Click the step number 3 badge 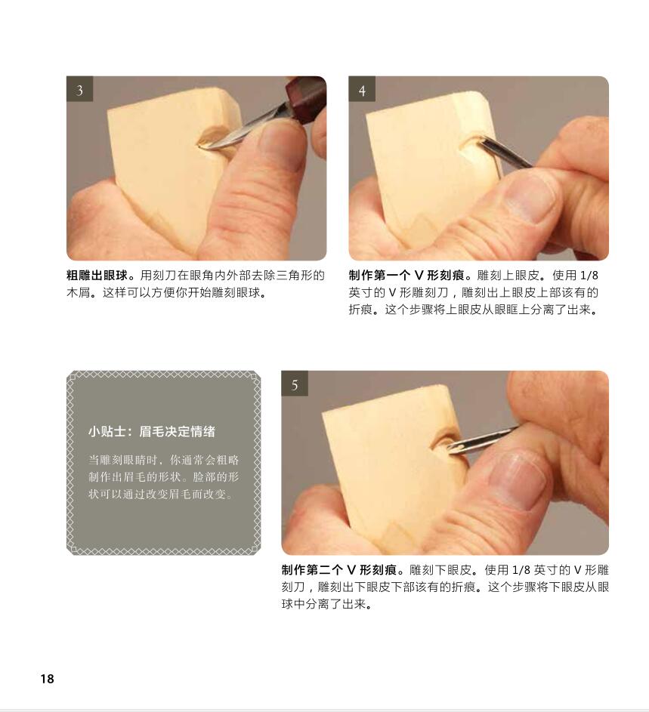click(x=79, y=90)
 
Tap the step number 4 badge click(x=362, y=90)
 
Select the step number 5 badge click(x=295, y=384)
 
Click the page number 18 click(x=47, y=679)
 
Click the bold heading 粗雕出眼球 click(x=97, y=276)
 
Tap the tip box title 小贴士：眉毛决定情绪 click(x=152, y=432)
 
